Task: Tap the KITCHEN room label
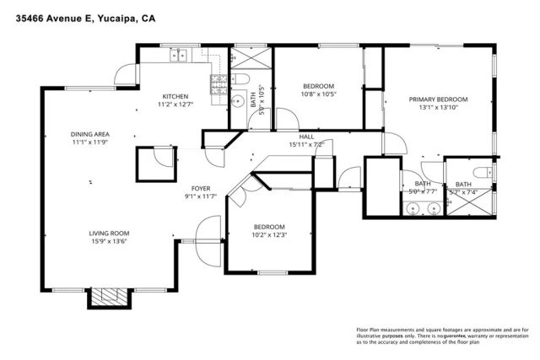click(x=175, y=96)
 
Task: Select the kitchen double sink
click(x=179, y=56)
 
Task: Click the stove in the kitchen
click(x=218, y=82)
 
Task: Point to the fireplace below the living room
click(x=107, y=297)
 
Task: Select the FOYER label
click(x=201, y=190)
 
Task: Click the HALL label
click(x=306, y=136)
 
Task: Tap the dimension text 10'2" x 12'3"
click(x=270, y=235)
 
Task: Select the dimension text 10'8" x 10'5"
click(x=319, y=94)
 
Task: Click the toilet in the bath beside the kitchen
click(x=240, y=79)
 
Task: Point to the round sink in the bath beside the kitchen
click(x=235, y=105)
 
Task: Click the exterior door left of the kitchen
click(x=127, y=74)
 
